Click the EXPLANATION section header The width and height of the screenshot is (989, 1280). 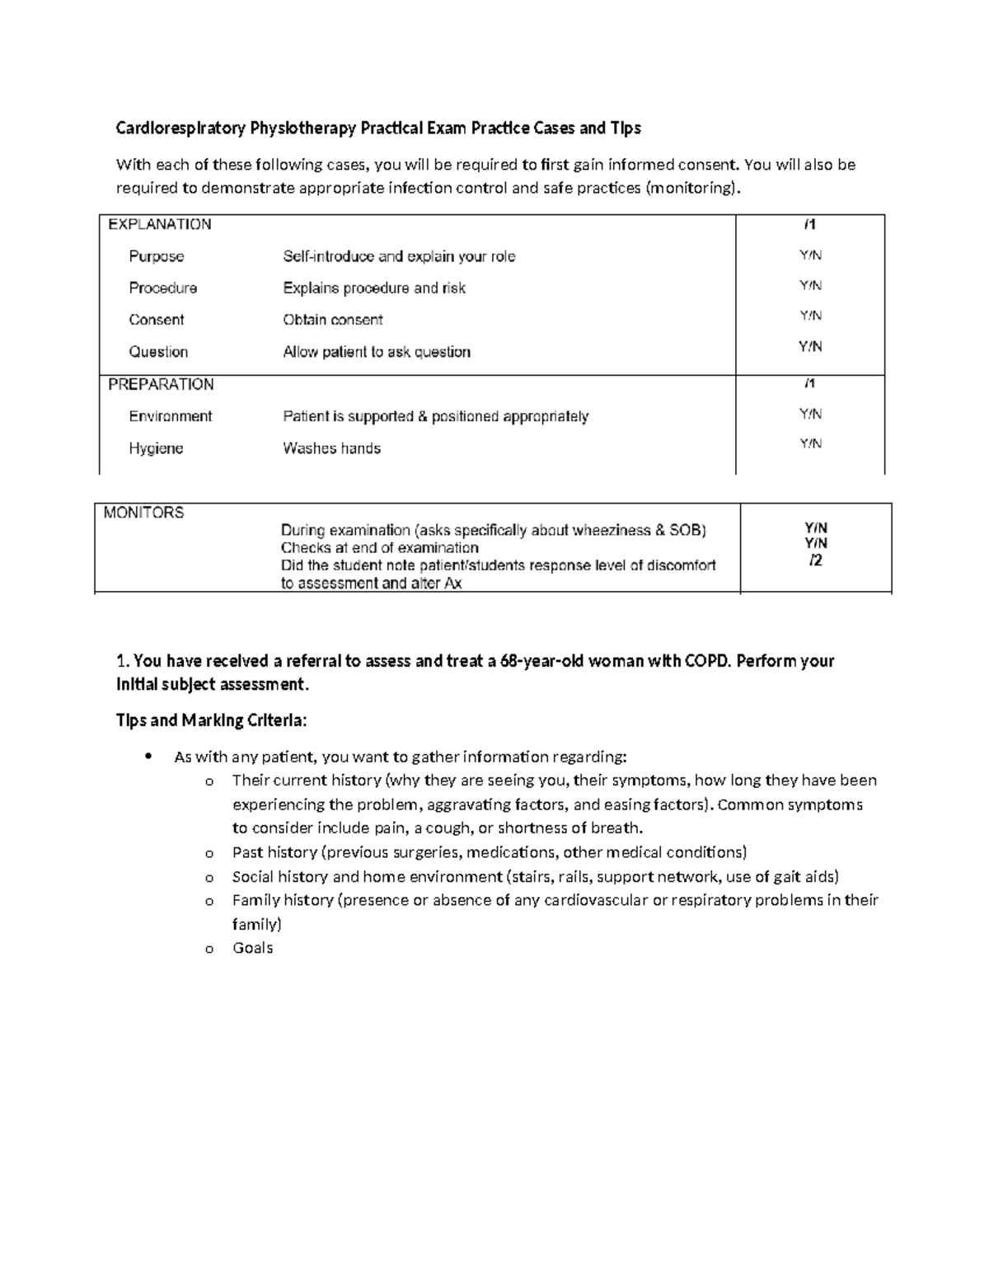(x=160, y=224)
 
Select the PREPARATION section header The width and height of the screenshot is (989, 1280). (x=161, y=384)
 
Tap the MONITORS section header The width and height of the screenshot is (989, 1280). (x=143, y=513)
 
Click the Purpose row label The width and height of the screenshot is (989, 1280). (x=156, y=256)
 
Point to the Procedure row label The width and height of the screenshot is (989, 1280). (x=162, y=288)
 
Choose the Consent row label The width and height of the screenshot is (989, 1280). (x=156, y=320)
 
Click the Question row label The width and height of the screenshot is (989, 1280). (x=158, y=352)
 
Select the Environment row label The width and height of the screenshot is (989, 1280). (x=170, y=416)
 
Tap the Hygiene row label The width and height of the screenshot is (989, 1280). (x=156, y=448)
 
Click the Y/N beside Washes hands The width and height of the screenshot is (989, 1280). (x=810, y=444)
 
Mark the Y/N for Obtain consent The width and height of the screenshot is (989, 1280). (x=810, y=316)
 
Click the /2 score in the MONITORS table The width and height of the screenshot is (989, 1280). (x=815, y=560)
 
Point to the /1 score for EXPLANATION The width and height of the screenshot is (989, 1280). (x=810, y=224)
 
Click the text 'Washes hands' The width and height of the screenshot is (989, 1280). (x=331, y=448)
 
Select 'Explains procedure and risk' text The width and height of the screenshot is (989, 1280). (x=374, y=288)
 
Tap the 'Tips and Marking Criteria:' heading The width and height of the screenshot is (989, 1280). (x=211, y=720)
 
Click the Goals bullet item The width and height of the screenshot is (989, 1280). (x=252, y=948)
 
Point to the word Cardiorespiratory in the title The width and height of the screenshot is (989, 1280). (x=180, y=128)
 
